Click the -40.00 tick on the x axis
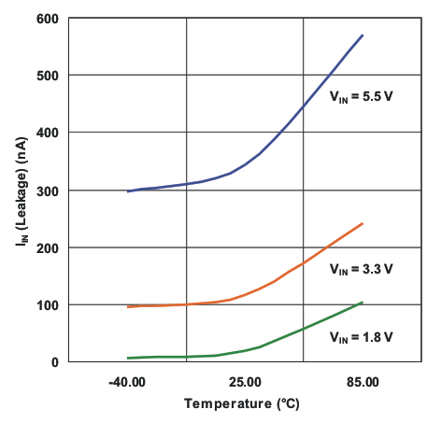pyautogui.click(x=128, y=382)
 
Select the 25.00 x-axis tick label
pyautogui.click(x=245, y=382)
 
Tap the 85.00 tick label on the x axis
pyautogui.click(x=362, y=382)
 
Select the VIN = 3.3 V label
pyautogui.click(x=361, y=269)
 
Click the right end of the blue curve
pyautogui.click(x=363, y=35)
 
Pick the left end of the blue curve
pyautogui.click(x=128, y=191)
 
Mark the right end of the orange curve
pyautogui.click(x=363, y=223)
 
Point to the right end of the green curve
pyautogui.click(x=363, y=302)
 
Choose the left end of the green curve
pyautogui.click(x=128, y=358)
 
